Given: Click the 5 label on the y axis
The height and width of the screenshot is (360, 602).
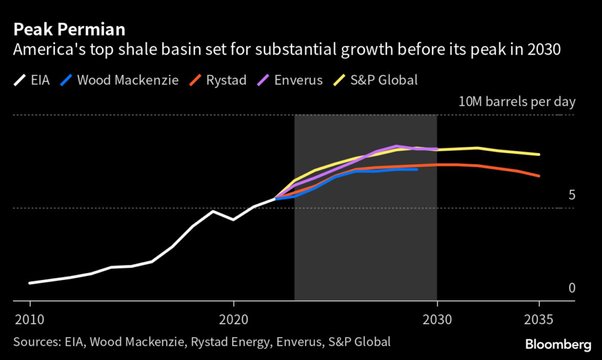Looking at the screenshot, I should [x=571, y=195].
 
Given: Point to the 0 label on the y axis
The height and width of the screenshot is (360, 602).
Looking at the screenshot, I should [x=571, y=288].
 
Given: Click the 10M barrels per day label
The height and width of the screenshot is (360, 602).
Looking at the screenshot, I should [x=517, y=101].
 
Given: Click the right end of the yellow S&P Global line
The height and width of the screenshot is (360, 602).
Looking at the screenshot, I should [x=539, y=155].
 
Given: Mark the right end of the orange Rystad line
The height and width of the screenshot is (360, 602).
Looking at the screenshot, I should [x=539, y=176].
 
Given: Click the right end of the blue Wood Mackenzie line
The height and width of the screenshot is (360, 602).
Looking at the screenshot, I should [x=417, y=169].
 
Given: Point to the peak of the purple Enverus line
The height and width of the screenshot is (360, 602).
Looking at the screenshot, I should [x=397, y=146].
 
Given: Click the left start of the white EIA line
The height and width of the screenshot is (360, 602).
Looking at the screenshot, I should [x=29, y=283].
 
